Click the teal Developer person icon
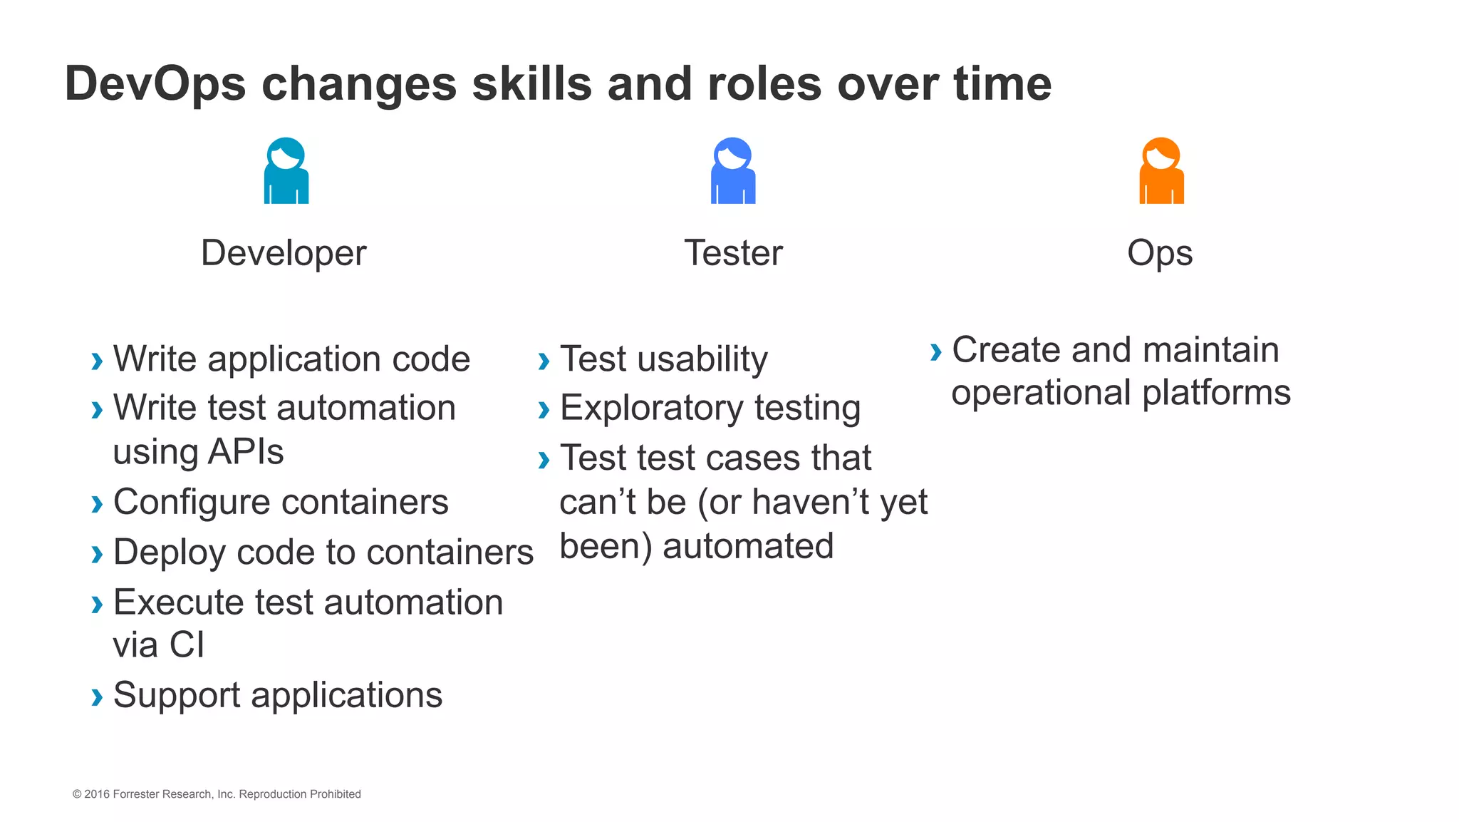286,171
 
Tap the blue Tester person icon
733,171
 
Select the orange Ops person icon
1161,171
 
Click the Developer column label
284,253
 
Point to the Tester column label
733,253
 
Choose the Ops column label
1160,254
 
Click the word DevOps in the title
155,84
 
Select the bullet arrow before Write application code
97,361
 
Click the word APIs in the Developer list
246,452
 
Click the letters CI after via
187,645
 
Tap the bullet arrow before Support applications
97,697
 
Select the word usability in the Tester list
702,359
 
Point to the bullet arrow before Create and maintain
935,352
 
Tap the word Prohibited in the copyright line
335,794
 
